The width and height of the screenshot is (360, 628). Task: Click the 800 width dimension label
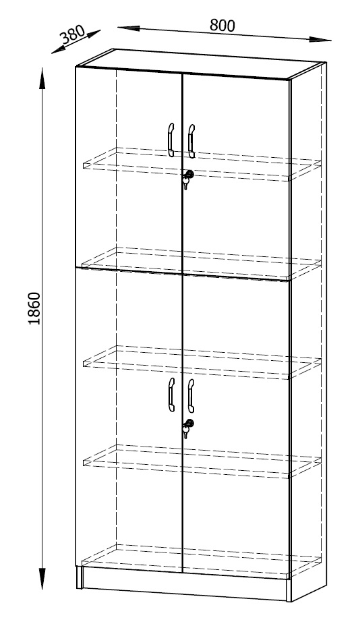click(222, 25)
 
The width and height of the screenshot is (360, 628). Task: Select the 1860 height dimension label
click(34, 308)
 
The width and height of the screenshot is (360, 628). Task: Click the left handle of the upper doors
click(171, 140)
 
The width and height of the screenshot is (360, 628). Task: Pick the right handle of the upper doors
click(191, 140)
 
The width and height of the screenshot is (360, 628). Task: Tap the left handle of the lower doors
click(171, 395)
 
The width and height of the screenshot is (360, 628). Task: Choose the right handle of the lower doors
click(191, 395)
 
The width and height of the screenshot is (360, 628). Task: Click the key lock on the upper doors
click(187, 179)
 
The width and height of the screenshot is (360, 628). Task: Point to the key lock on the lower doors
click(187, 428)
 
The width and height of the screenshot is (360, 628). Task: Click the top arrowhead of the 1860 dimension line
click(42, 78)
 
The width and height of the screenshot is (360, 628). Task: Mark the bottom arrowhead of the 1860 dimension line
click(42, 578)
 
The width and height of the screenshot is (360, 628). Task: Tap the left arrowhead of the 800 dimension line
click(128, 28)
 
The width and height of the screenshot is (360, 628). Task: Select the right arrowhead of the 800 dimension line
click(320, 39)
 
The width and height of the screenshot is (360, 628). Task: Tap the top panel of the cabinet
click(200, 64)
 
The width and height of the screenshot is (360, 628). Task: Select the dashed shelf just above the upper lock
click(202, 164)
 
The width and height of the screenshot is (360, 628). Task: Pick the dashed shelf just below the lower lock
click(202, 461)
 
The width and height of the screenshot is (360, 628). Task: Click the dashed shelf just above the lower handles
click(202, 362)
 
